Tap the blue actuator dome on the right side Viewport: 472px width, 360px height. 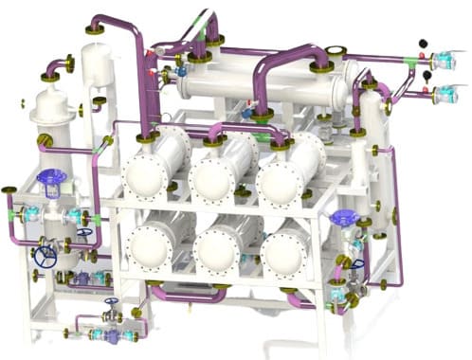click(342, 218)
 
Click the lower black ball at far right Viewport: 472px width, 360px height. click(427, 75)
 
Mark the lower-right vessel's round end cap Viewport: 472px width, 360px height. click(282, 254)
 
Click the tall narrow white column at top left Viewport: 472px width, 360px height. click(96, 76)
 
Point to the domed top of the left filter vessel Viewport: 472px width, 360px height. click(49, 99)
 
